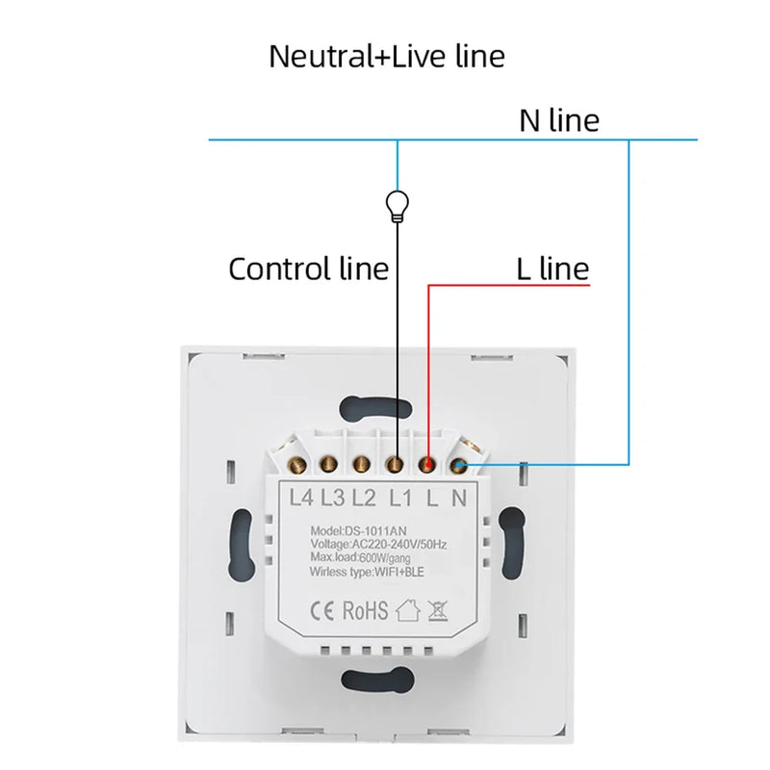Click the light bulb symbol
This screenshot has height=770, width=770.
click(x=396, y=203)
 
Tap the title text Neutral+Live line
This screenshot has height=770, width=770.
click(x=386, y=56)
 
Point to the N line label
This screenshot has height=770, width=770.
click(x=559, y=120)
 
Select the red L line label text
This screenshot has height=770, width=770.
click(x=552, y=269)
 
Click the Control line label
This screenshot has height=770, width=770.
click(x=308, y=269)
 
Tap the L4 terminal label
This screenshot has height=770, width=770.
click(x=302, y=498)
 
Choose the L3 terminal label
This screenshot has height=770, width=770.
click(x=333, y=498)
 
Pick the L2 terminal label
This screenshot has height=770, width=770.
click(x=363, y=498)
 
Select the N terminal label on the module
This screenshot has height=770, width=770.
click(x=458, y=498)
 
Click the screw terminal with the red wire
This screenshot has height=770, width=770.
click(x=426, y=466)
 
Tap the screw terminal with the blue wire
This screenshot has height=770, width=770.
click(x=457, y=467)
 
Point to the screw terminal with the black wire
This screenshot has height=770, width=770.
click(x=395, y=466)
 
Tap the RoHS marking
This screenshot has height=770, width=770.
click(x=367, y=610)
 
